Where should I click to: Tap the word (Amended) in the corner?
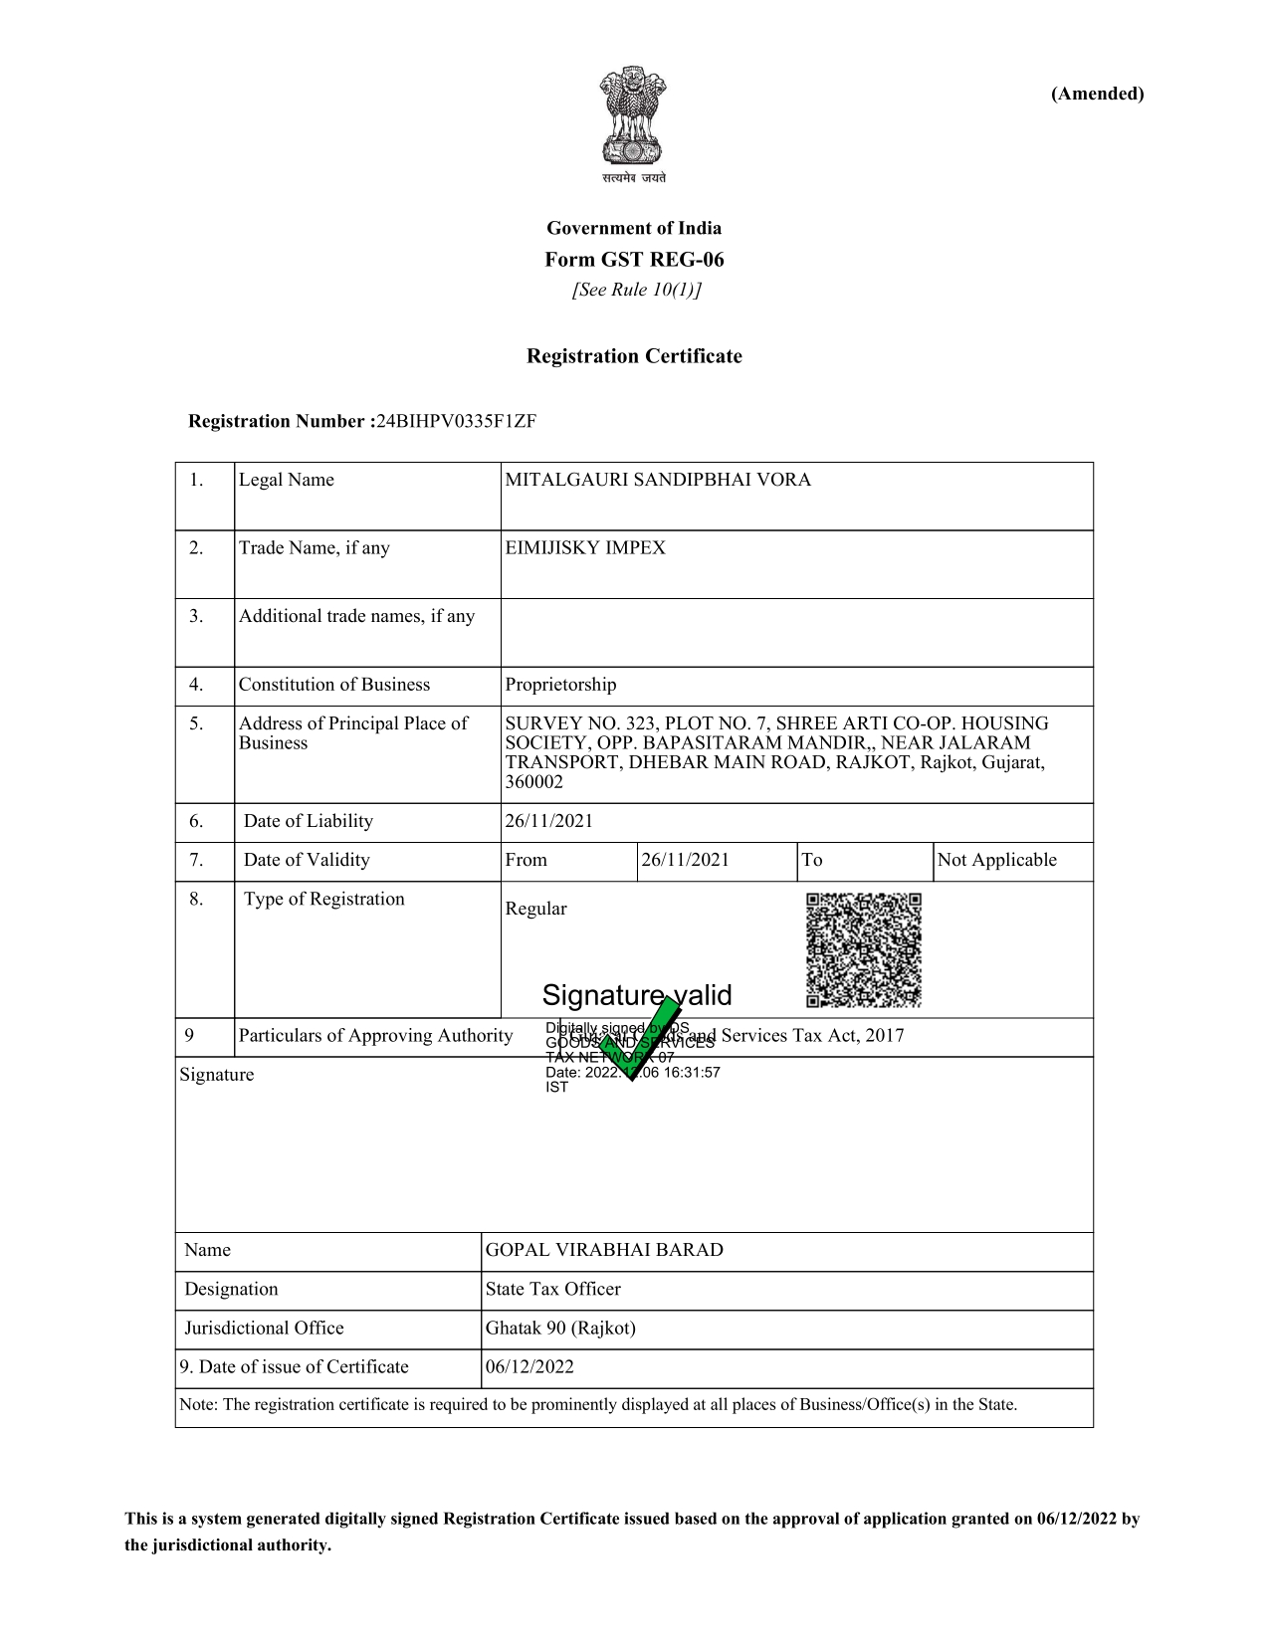coord(1097,94)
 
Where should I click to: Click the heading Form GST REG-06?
coord(634,260)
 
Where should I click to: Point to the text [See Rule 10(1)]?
coord(636,290)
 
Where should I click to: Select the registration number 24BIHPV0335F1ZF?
coord(456,421)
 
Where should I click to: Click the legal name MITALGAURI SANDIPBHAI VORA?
coord(658,480)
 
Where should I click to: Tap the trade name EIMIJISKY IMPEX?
coord(585,548)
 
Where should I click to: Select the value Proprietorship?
coord(560,685)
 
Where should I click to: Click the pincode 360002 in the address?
coord(533,782)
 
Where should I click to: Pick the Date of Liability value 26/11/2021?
coord(548,821)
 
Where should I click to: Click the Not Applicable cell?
coord(996,860)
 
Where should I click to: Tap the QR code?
coord(863,950)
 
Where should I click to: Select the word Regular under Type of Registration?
coord(535,909)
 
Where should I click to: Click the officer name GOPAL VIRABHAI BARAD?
coord(604,1250)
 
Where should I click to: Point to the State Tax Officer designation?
coord(552,1289)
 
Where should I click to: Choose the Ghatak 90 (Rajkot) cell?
coord(560,1328)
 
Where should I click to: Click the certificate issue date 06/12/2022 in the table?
coord(529,1366)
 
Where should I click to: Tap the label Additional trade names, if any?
coord(356,616)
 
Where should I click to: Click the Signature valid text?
coord(637,995)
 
